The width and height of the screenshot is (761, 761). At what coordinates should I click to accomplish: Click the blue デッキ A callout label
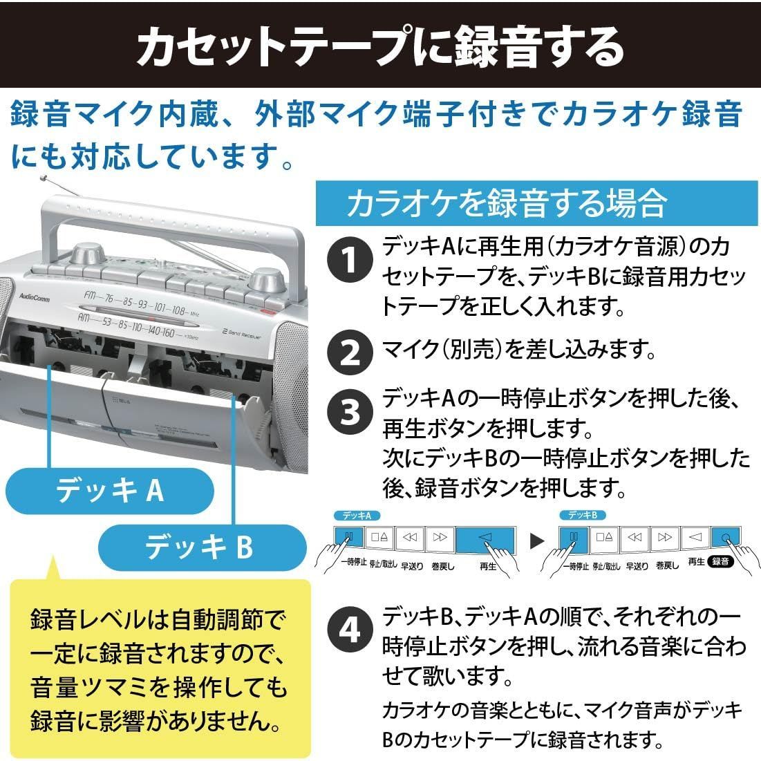(109, 491)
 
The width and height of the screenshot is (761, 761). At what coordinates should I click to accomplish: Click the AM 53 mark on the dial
(106, 321)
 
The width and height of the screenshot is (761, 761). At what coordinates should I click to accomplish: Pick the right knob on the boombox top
(266, 281)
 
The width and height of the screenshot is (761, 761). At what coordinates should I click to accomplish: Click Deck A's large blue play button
(486, 538)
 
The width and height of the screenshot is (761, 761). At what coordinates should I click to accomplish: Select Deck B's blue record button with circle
(724, 537)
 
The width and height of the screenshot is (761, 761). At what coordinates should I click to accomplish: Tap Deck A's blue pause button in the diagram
(350, 537)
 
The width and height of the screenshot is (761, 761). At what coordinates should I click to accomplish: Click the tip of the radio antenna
(43, 178)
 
